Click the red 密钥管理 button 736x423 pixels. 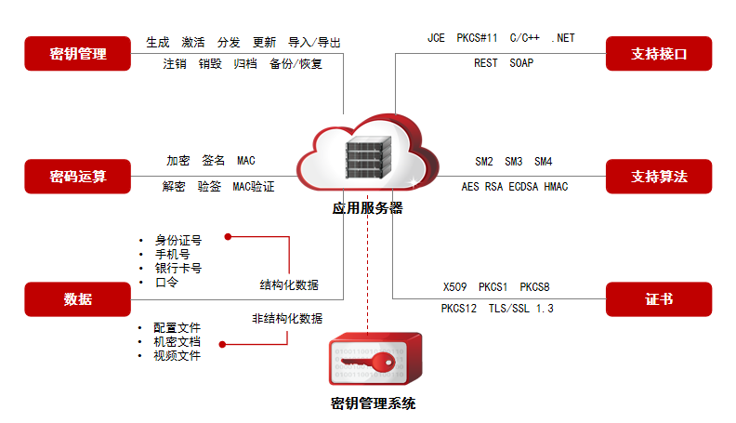pyautogui.click(x=78, y=54)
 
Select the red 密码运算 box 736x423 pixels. pyautogui.click(x=78, y=176)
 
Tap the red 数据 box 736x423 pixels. pyautogui.click(x=78, y=299)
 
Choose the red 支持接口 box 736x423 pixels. pyautogui.click(x=659, y=54)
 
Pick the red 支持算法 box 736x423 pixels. pyautogui.click(x=659, y=176)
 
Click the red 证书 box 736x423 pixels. pyautogui.click(x=659, y=299)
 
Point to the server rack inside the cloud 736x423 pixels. pyautogui.click(x=367, y=159)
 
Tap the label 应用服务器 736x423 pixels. pyautogui.click(x=368, y=208)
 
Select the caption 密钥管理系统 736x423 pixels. pyautogui.click(x=374, y=403)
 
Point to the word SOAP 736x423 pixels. pyautogui.click(x=522, y=63)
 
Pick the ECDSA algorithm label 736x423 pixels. pyautogui.click(x=524, y=187)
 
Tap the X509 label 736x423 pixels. pyautogui.click(x=456, y=287)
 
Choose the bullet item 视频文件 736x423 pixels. pyautogui.click(x=177, y=355)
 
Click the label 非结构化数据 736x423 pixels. pyautogui.click(x=287, y=319)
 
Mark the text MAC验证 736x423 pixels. pyautogui.click(x=254, y=187)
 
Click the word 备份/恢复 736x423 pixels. pyautogui.click(x=296, y=64)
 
